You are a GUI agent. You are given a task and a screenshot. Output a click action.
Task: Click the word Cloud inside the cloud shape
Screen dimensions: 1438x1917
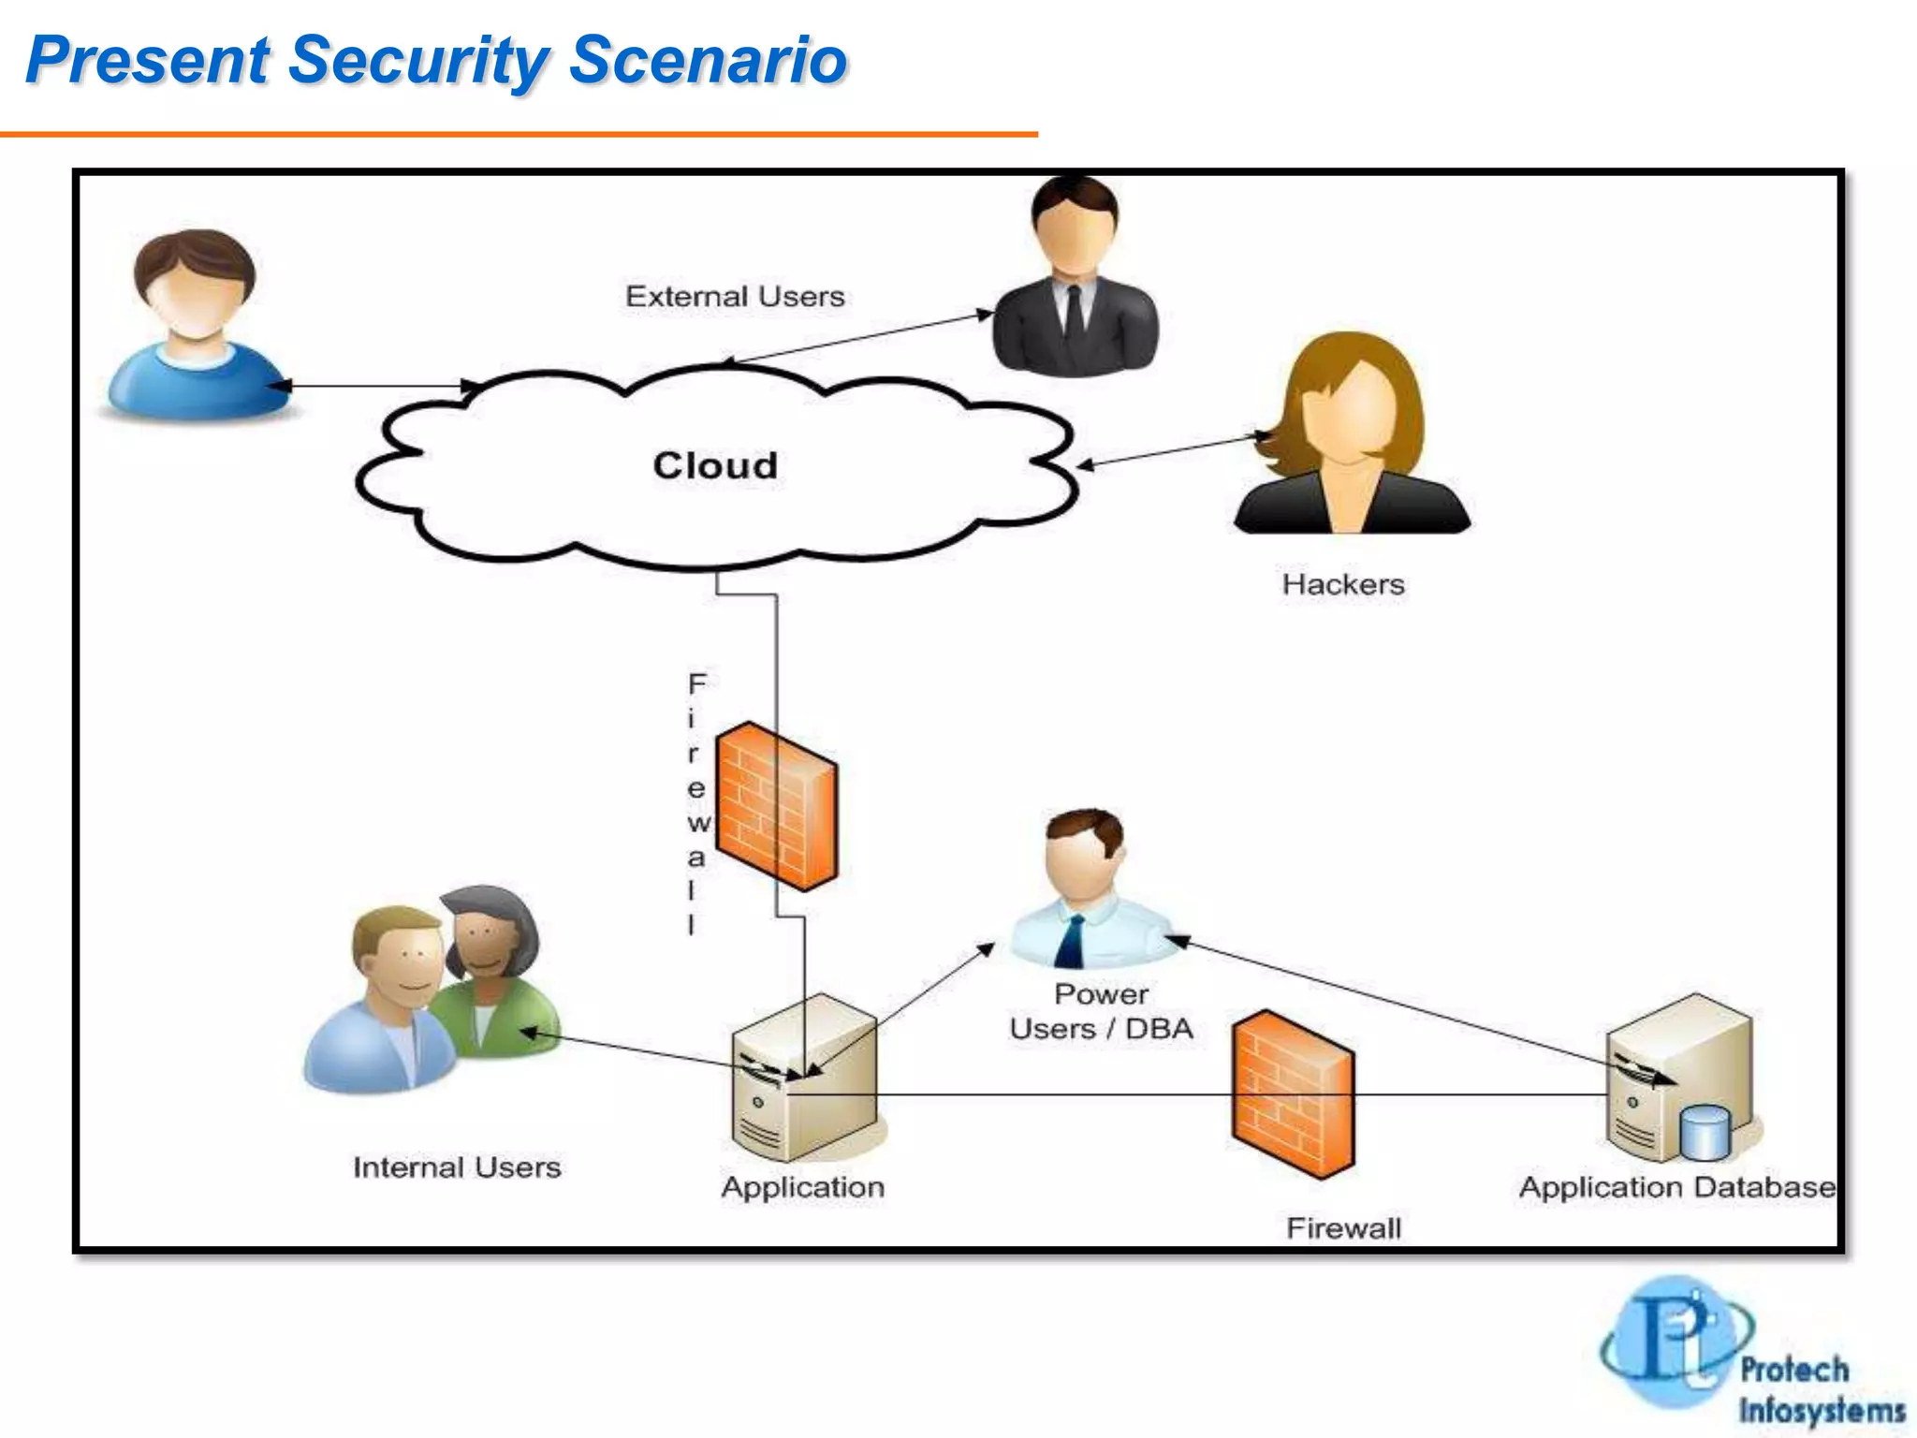click(715, 465)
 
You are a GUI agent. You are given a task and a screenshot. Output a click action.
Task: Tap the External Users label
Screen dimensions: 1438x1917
click(735, 297)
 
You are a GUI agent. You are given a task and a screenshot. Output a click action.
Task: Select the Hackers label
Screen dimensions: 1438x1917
click(1343, 584)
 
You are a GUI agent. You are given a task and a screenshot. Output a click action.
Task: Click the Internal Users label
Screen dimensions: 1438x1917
click(457, 1167)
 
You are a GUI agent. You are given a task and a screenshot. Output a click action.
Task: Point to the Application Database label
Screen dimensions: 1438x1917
click(1676, 1187)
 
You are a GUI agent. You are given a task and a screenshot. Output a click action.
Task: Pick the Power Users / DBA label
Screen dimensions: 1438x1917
click(1102, 1012)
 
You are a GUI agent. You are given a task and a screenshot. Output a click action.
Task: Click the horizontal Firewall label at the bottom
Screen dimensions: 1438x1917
click(1343, 1228)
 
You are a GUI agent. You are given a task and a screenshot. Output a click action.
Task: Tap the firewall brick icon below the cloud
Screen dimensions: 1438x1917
click(776, 805)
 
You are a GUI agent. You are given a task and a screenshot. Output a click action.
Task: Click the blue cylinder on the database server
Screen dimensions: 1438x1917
click(1705, 1133)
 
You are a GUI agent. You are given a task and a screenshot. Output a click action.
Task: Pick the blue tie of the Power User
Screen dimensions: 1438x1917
click(1071, 941)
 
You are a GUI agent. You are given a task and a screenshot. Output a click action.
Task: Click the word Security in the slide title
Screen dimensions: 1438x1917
click(418, 60)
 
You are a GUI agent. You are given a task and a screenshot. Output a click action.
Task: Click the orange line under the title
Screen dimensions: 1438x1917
click(519, 135)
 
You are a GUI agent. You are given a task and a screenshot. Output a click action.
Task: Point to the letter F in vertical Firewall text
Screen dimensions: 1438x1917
click(696, 684)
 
